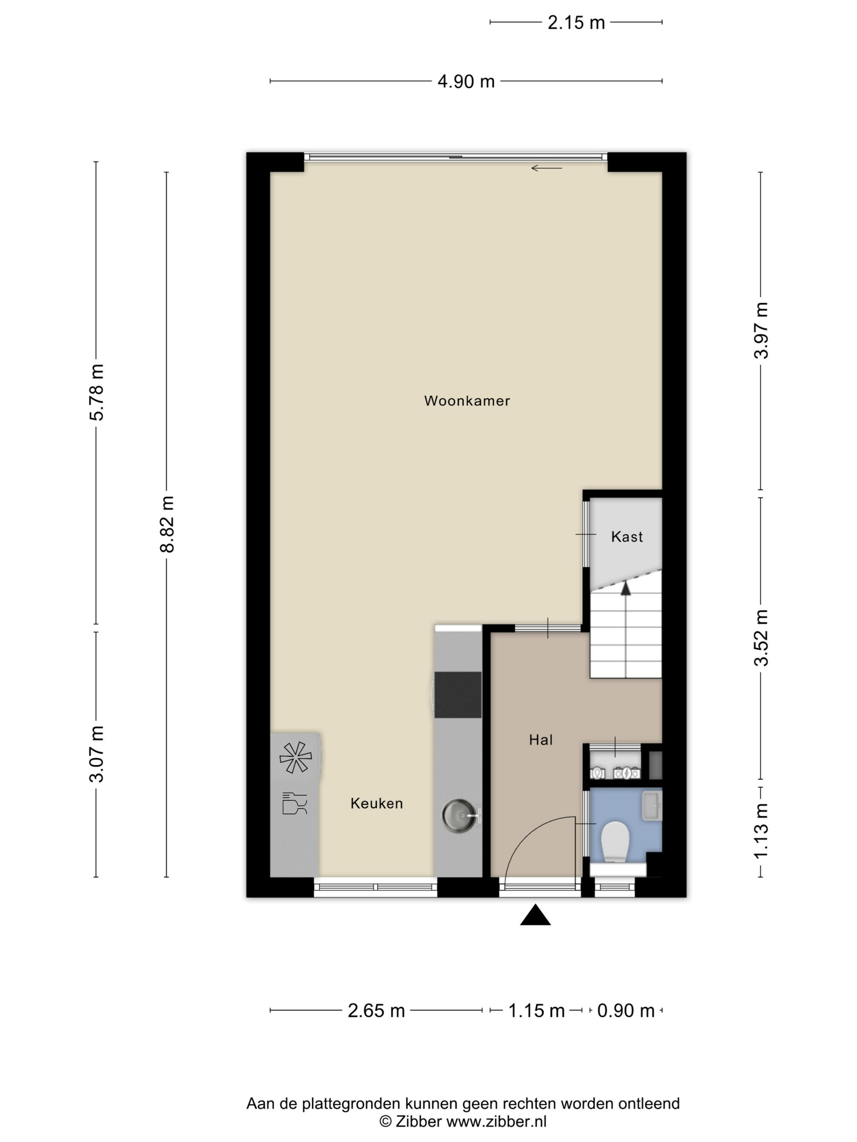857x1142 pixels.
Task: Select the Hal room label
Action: click(x=540, y=740)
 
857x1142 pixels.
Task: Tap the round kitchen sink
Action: click(x=458, y=816)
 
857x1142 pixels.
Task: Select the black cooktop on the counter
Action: click(x=458, y=695)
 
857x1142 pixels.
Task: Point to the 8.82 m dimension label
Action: click(x=167, y=524)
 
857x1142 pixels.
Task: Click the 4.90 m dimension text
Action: click(x=466, y=81)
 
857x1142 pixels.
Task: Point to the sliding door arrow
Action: click(x=546, y=168)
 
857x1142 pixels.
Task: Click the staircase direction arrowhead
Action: click(x=626, y=588)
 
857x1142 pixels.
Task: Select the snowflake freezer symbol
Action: click(x=295, y=757)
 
